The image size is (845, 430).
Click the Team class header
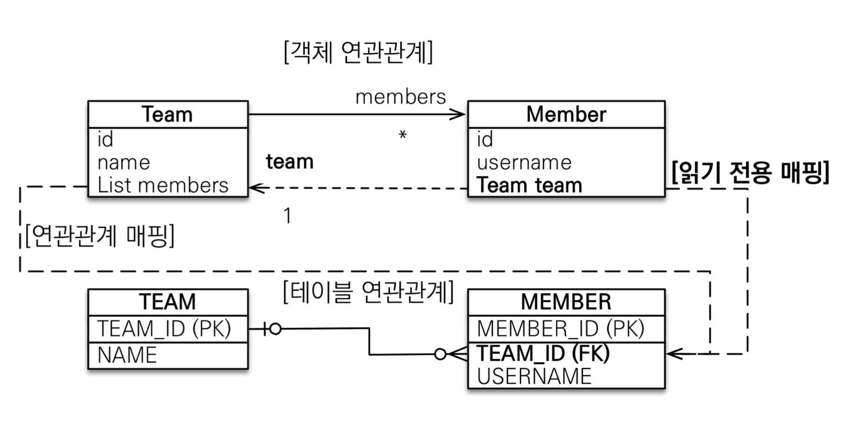click(x=167, y=115)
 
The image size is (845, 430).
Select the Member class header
click(x=566, y=115)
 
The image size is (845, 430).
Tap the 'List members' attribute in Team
click(x=163, y=185)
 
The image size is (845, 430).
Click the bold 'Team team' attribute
click(x=530, y=185)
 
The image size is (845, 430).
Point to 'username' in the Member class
click(x=524, y=163)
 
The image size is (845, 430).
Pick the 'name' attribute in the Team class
click(x=124, y=163)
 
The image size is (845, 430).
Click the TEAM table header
click(x=167, y=302)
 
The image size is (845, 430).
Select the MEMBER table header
click(x=566, y=302)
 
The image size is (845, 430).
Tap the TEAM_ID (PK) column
click(x=164, y=329)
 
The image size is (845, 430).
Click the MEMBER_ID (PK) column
click(x=560, y=329)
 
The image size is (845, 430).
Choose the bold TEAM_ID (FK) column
click(x=543, y=353)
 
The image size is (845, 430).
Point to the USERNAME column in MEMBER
click(x=534, y=376)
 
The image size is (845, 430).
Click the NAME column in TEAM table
click(x=127, y=355)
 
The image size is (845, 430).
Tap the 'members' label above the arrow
click(x=401, y=97)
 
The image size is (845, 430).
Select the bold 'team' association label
click(x=290, y=162)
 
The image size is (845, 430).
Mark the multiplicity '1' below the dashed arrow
click(x=287, y=216)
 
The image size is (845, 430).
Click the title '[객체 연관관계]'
click(x=358, y=52)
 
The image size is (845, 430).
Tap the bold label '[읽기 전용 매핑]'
click(x=750, y=172)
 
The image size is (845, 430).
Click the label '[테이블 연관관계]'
click(x=368, y=293)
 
